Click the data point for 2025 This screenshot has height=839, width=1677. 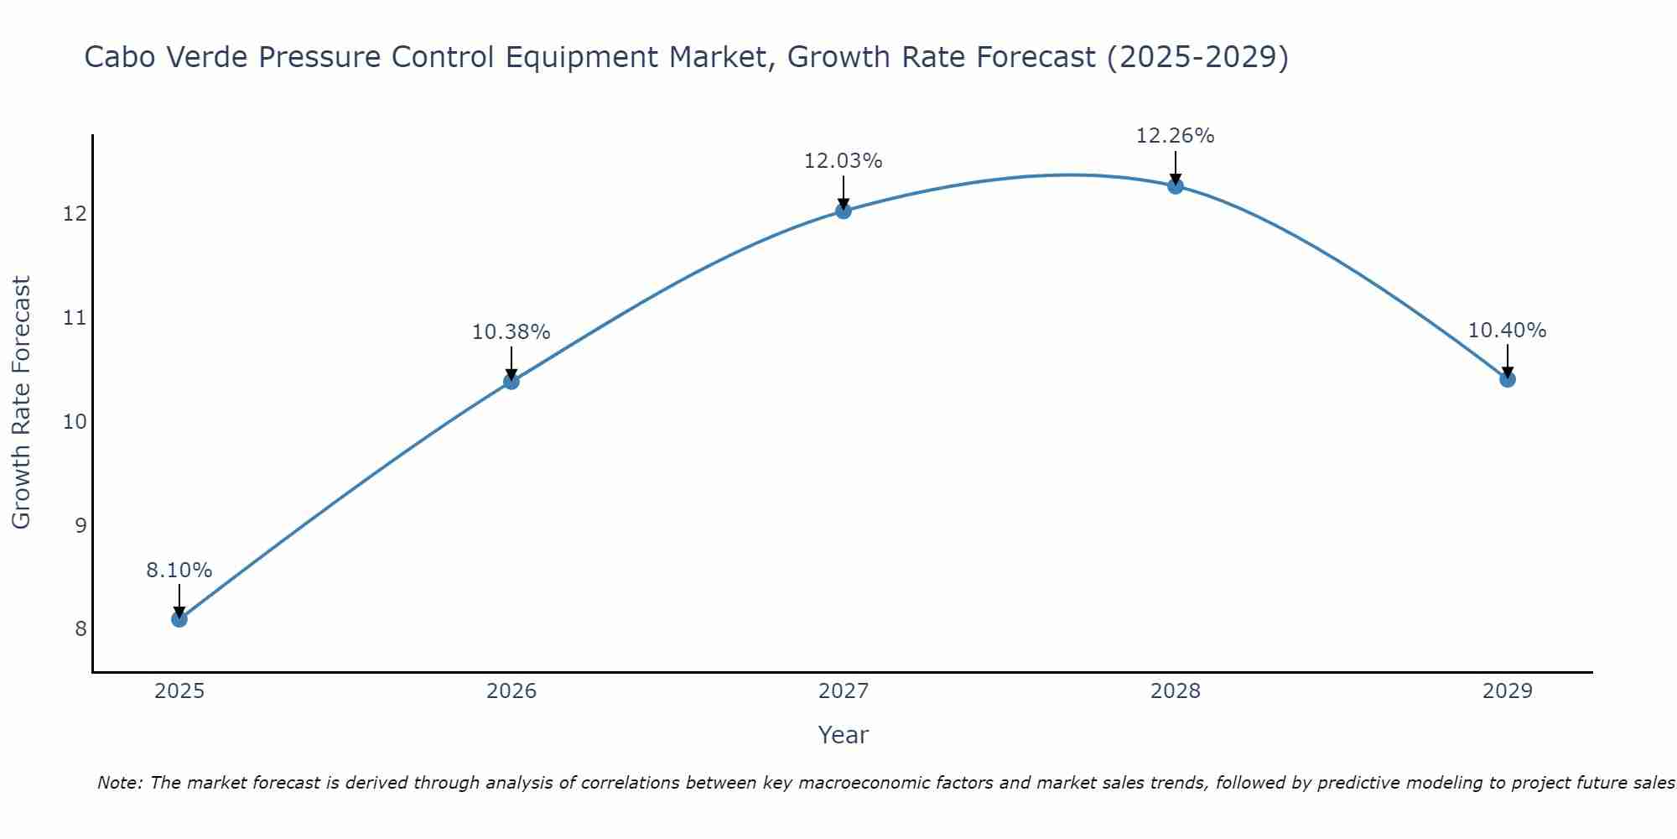coord(179,619)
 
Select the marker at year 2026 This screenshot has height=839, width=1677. coord(511,382)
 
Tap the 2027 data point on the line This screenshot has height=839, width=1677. coord(844,211)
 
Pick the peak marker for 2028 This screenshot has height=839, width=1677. coord(1176,186)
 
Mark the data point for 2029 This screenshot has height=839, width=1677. coord(1507,379)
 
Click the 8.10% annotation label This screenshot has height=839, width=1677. coord(179,571)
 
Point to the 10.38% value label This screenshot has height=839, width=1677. coord(511,332)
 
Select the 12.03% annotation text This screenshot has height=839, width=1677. coord(843,161)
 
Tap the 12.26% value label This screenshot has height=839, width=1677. coord(1175,136)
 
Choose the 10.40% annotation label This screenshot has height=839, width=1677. coord(1507,331)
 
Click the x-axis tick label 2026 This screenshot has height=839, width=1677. coord(511,691)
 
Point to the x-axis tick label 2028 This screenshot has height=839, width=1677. coord(1176,691)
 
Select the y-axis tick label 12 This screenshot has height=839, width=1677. coord(75,214)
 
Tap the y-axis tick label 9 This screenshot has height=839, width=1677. coord(80,525)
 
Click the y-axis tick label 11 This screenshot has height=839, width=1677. coord(75,318)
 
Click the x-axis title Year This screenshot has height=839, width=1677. coord(843,735)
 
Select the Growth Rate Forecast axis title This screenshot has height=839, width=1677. coord(21,402)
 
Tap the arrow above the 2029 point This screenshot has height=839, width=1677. coord(1507,359)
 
